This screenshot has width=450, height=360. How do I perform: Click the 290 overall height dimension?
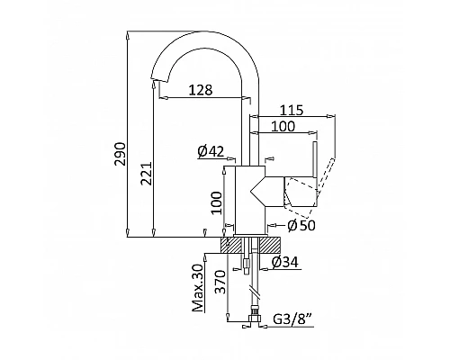click(x=120, y=154)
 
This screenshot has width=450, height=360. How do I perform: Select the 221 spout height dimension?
click(x=146, y=174)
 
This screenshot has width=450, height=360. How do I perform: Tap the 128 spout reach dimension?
click(x=201, y=90)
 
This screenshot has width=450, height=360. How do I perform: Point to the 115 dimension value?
click(x=292, y=110)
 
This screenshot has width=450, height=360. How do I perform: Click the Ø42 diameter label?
click(x=211, y=151)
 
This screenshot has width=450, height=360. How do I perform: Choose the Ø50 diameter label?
click(x=301, y=226)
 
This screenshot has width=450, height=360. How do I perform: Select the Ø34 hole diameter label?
click(x=285, y=263)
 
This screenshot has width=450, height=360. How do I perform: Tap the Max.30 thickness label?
click(x=198, y=288)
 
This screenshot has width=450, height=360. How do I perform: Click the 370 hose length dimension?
click(x=220, y=282)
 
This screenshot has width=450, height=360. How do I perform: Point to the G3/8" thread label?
click(x=293, y=319)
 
